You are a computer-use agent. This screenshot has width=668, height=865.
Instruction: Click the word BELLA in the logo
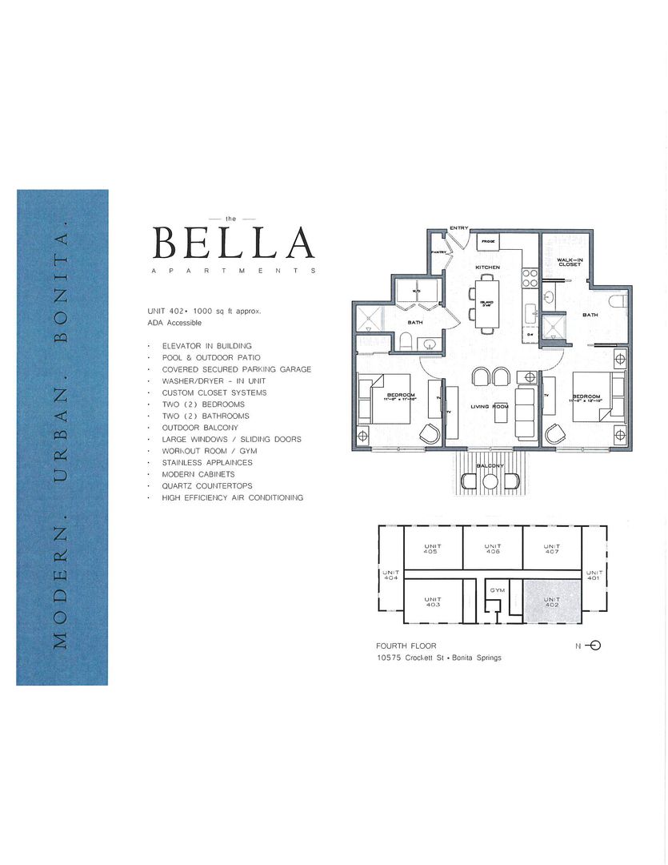pyautogui.click(x=233, y=243)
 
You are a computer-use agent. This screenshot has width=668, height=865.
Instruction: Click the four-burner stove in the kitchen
pyautogui.click(x=530, y=277)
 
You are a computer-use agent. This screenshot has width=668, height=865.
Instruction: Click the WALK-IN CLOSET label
pyautogui.click(x=569, y=263)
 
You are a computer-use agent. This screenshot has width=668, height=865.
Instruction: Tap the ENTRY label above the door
pyautogui.click(x=458, y=228)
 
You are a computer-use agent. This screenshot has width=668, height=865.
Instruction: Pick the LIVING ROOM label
pyautogui.click(x=490, y=407)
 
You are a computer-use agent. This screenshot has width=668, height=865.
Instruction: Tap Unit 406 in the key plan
pyautogui.click(x=493, y=549)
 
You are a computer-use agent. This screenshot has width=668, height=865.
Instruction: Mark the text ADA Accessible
pyautogui.click(x=174, y=323)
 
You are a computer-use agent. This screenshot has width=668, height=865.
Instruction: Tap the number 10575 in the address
pyautogui.click(x=390, y=658)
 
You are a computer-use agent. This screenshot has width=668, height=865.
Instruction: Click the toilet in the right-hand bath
pyautogui.click(x=615, y=302)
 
